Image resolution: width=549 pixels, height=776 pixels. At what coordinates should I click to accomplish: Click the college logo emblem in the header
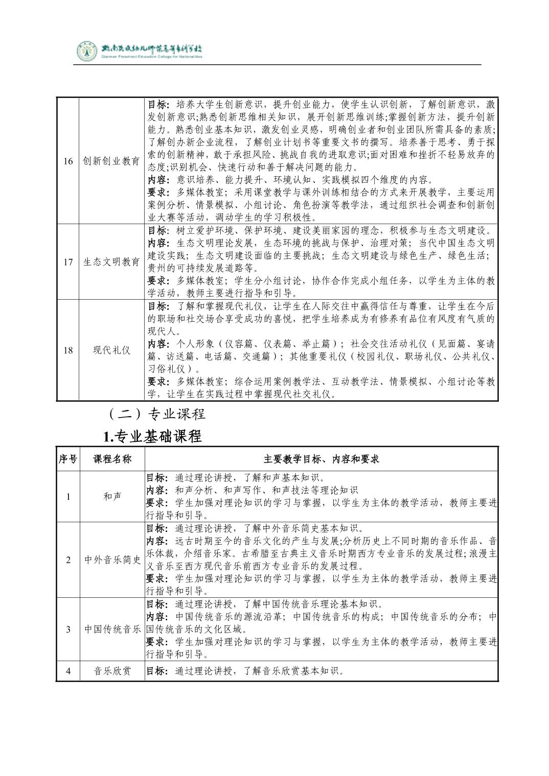tap(86, 51)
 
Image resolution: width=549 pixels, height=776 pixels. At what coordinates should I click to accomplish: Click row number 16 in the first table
tap(68, 161)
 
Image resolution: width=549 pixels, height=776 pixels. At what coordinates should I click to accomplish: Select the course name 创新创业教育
tap(111, 161)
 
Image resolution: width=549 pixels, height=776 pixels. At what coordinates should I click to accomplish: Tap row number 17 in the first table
tap(68, 262)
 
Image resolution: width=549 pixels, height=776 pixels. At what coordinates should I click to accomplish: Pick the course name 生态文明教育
tap(111, 262)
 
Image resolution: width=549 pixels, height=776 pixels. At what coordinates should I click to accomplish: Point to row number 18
tap(68, 350)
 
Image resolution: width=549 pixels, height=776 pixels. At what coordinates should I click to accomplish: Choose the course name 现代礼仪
tap(111, 350)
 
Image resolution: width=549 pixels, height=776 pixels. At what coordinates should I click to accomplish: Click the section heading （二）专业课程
tap(153, 414)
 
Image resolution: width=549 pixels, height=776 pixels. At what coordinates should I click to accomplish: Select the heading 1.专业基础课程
tap(152, 436)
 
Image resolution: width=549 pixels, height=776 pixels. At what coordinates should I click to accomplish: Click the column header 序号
tap(67, 459)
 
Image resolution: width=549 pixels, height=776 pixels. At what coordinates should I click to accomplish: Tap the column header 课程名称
tap(112, 459)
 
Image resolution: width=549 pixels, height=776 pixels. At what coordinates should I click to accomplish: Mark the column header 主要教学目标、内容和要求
tap(322, 459)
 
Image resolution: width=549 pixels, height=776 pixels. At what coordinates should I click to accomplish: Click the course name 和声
tap(112, 496)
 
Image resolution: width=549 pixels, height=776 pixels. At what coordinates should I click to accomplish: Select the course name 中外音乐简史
tap(112, 560)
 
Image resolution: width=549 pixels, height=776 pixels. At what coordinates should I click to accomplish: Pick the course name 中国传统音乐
tap(112, 629)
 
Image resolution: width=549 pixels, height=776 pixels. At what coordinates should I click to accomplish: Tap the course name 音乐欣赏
tap(112, 671)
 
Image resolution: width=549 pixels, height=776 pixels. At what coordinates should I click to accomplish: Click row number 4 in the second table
tap(68, 671)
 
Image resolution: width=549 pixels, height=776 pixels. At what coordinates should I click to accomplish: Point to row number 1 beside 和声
tap(68, 496)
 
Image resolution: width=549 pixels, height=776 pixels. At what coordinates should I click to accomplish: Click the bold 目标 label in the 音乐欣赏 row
tap(156, 671)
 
